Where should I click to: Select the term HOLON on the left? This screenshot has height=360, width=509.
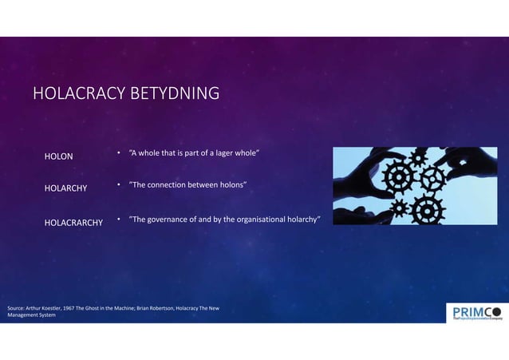point(58,156)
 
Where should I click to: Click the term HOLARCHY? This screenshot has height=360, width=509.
point(65,188)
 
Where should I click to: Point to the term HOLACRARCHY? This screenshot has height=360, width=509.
point(73,222)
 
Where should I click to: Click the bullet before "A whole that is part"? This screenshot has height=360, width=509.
point(118,152)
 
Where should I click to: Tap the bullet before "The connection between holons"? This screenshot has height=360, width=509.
point(118,185)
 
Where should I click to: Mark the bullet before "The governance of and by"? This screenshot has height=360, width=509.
point(118,218)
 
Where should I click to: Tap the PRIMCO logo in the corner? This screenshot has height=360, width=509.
point(474,312)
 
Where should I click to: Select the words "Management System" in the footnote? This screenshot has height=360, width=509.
point(31,315)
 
